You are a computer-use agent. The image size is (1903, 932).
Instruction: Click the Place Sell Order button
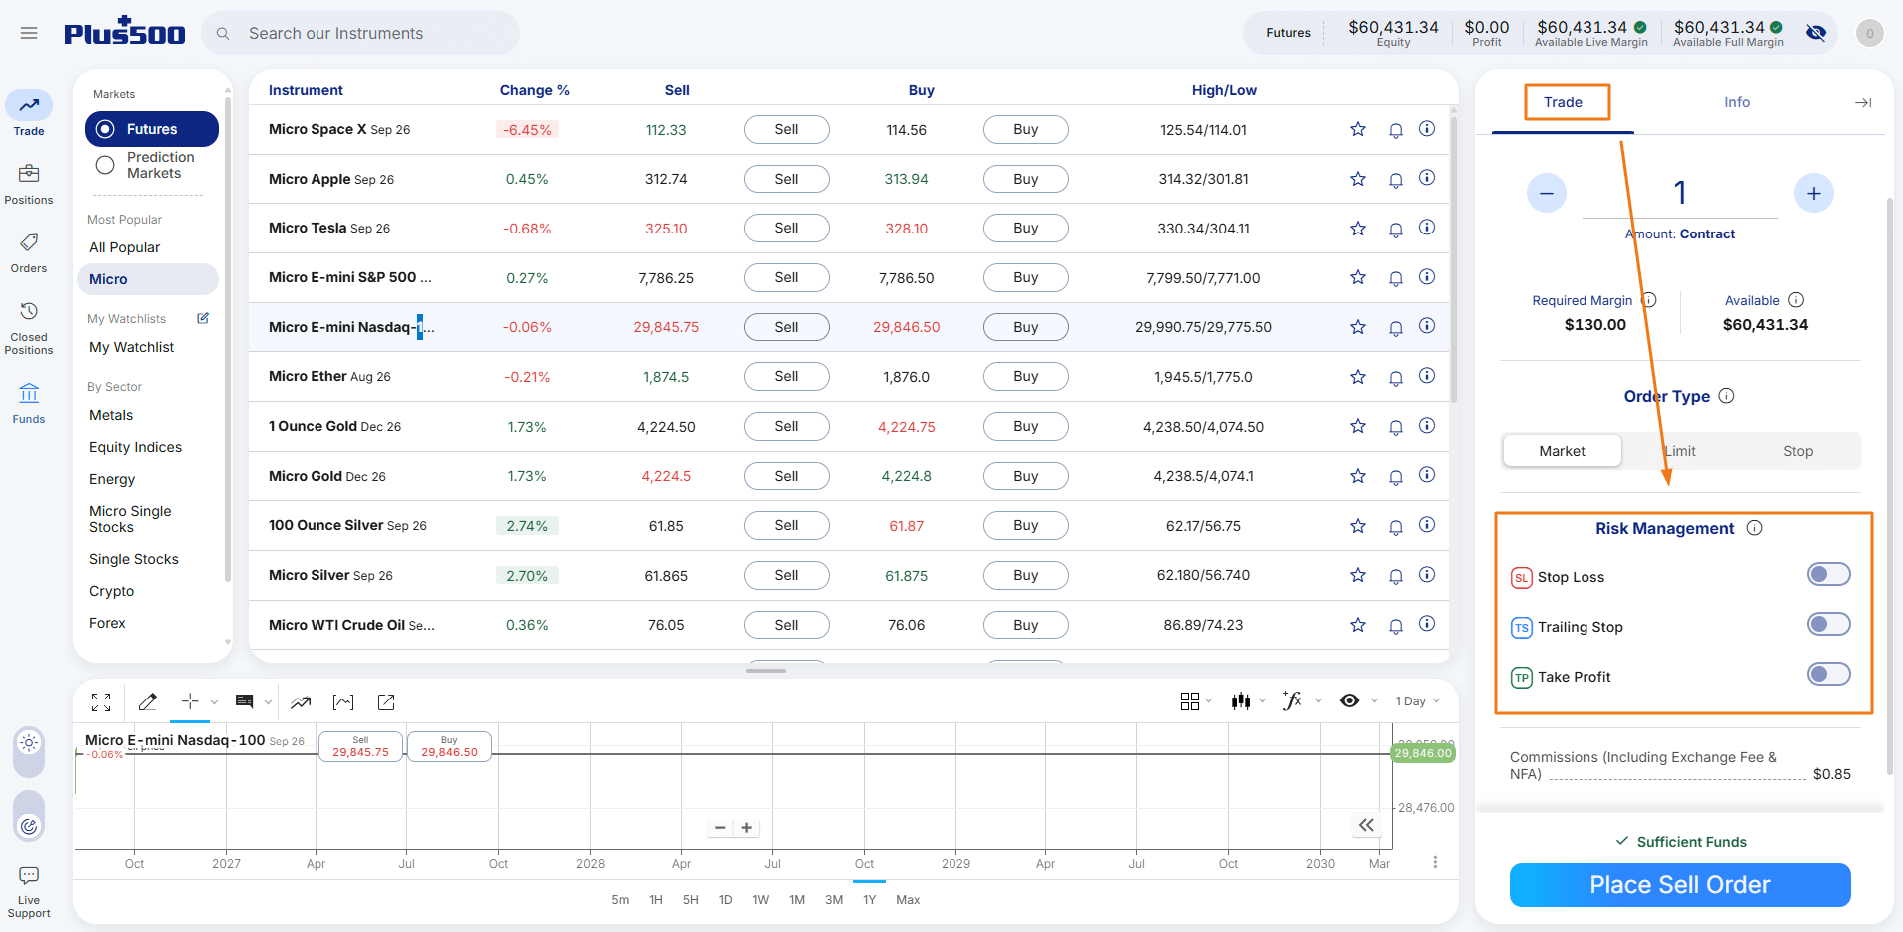(1679, 885)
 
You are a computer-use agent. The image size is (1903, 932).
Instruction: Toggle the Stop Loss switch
(1828, 574)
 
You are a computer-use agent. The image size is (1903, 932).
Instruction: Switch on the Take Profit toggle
(1828, 674)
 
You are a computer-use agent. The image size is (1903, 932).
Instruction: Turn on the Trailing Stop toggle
(1828, 624)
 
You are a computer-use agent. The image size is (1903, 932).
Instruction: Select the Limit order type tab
(1680, 451)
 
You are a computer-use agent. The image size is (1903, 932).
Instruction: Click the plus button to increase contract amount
(1814, 193)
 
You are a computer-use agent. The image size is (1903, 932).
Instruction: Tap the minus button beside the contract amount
(1547, 193)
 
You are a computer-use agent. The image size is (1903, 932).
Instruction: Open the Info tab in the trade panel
(1737, 102)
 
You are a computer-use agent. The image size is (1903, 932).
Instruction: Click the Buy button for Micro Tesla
(1025, 229)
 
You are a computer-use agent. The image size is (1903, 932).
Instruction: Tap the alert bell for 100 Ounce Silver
(1396, 526)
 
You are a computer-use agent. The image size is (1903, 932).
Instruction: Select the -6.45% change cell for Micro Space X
(527, 130)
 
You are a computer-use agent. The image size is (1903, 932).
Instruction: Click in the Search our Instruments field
(360, 33)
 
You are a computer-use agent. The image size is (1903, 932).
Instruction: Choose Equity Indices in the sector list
(135, 447)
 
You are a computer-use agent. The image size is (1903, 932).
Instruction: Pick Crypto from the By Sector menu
(111, 591)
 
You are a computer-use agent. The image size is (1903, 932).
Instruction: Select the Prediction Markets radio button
(105, 166)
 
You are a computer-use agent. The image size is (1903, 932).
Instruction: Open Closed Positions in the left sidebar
(29, 328)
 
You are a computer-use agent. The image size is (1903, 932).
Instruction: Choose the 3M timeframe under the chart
(834, 900)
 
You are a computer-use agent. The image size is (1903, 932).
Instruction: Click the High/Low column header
(1224, 90)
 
